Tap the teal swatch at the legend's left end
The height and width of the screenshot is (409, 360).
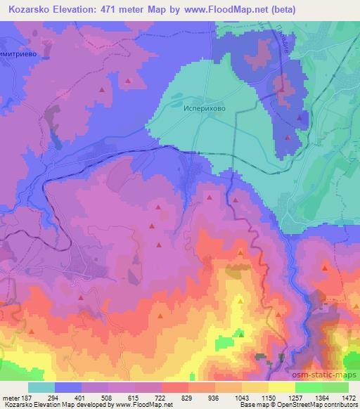(41, 387)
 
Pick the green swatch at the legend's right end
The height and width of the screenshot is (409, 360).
(335, 387)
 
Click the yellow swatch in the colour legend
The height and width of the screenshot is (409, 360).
(282, 387)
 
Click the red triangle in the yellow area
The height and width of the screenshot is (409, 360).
(240, 301)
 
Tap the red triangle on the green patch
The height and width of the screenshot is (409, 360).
(241, 335)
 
